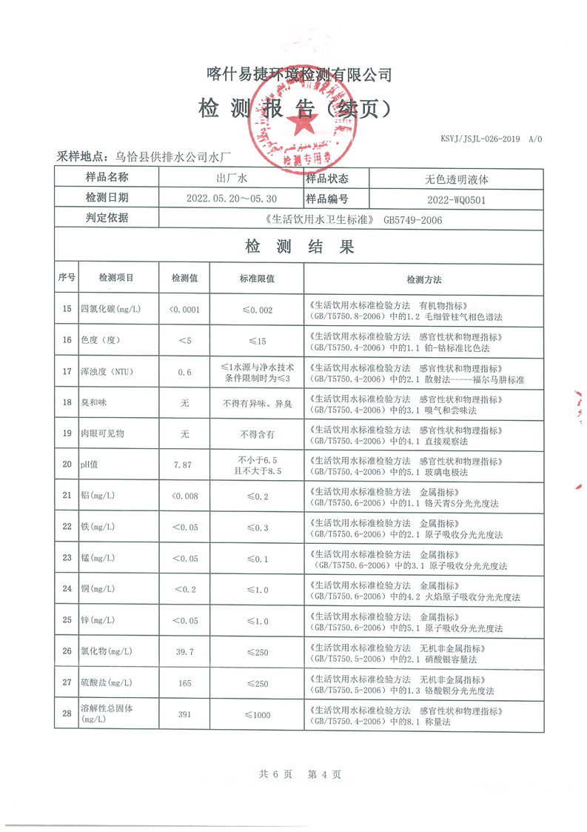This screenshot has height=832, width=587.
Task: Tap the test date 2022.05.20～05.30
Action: (x=232, y=199)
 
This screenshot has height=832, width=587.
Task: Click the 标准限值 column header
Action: (x=257, y=279)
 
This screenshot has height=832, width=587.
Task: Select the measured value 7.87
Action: (x=184, y=465)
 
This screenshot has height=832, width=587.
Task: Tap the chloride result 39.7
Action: (x=184, y=651)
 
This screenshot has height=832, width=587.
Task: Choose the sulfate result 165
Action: (x=184, y=682)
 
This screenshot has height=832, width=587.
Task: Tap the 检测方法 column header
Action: (x=423, y=279)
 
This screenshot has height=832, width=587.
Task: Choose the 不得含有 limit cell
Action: (x=257, y=434)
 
